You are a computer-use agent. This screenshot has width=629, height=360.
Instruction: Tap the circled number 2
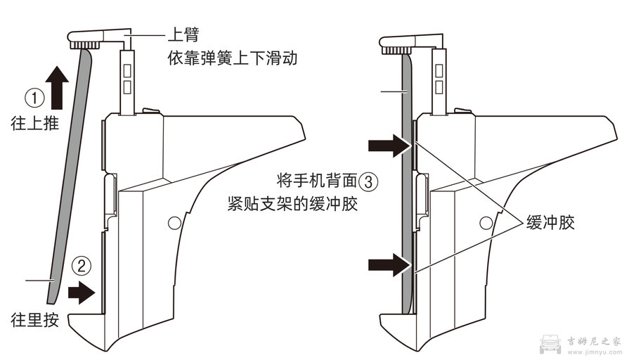[82, 266]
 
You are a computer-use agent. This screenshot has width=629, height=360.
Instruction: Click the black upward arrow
[60, 86]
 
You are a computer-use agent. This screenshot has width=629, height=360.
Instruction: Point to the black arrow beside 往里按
[82, 290]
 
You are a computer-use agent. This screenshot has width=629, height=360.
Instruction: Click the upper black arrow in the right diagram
[390, 146]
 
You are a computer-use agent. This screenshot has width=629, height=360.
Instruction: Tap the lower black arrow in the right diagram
[390, 265]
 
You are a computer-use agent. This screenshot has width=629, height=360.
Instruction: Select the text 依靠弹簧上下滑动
[231, 58]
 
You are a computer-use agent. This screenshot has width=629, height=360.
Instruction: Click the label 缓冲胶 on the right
[551, 223]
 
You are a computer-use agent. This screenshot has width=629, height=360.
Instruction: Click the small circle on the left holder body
[173, 223]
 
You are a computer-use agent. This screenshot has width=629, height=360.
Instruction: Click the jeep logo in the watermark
[551, 343]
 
